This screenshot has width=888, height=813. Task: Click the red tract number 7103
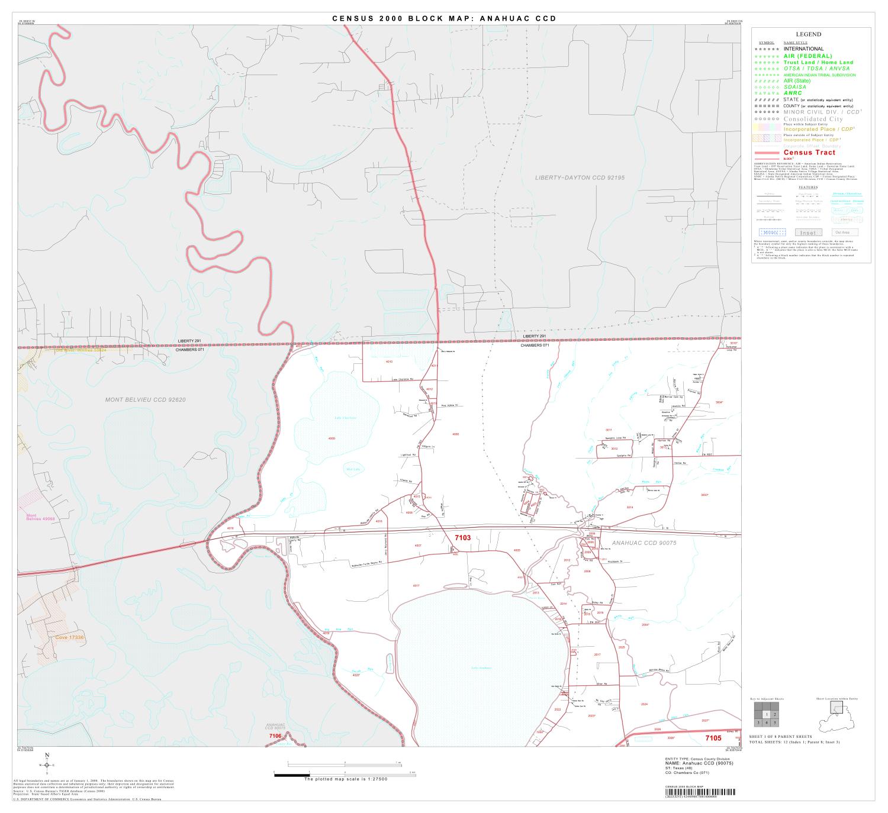[x=462, y=537]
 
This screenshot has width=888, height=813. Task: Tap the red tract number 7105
[x=713, y=738]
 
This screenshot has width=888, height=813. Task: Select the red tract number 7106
[x=275, y=735]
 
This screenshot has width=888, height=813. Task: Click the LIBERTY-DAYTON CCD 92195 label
[x=580, y=178]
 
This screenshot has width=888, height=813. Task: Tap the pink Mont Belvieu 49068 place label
[x=40, y=517]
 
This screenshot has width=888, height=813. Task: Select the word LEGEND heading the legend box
[x=808, y=35]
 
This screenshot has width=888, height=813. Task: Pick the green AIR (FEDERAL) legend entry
[x=807, y=56]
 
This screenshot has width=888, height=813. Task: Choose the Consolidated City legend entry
[x=813, y=119]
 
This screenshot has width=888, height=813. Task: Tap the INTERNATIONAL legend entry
[x=803, y=49]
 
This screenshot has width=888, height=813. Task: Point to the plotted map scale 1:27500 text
[x=345, y=779]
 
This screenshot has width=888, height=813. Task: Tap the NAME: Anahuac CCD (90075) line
[x=699, y=763]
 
